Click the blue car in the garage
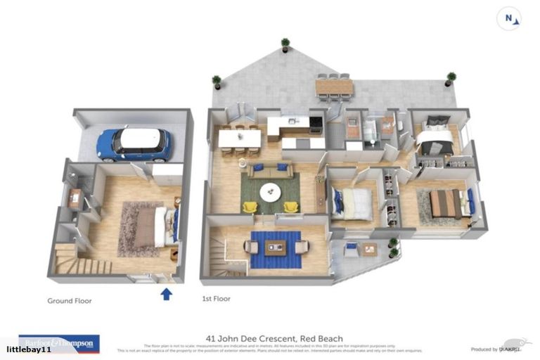[x=134, y=143]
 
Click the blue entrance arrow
[x=166, y=293]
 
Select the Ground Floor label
[x=69, y=301]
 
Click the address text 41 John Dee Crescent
[x=274, y=338]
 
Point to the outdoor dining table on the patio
[x=335, y=86]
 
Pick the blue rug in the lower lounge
[x=275, y=250]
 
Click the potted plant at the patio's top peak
[x=285, y=44]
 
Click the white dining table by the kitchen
[x=239, y=139]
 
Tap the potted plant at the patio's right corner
[x=450, y=78]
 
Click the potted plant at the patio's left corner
[x=217, y=82]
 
